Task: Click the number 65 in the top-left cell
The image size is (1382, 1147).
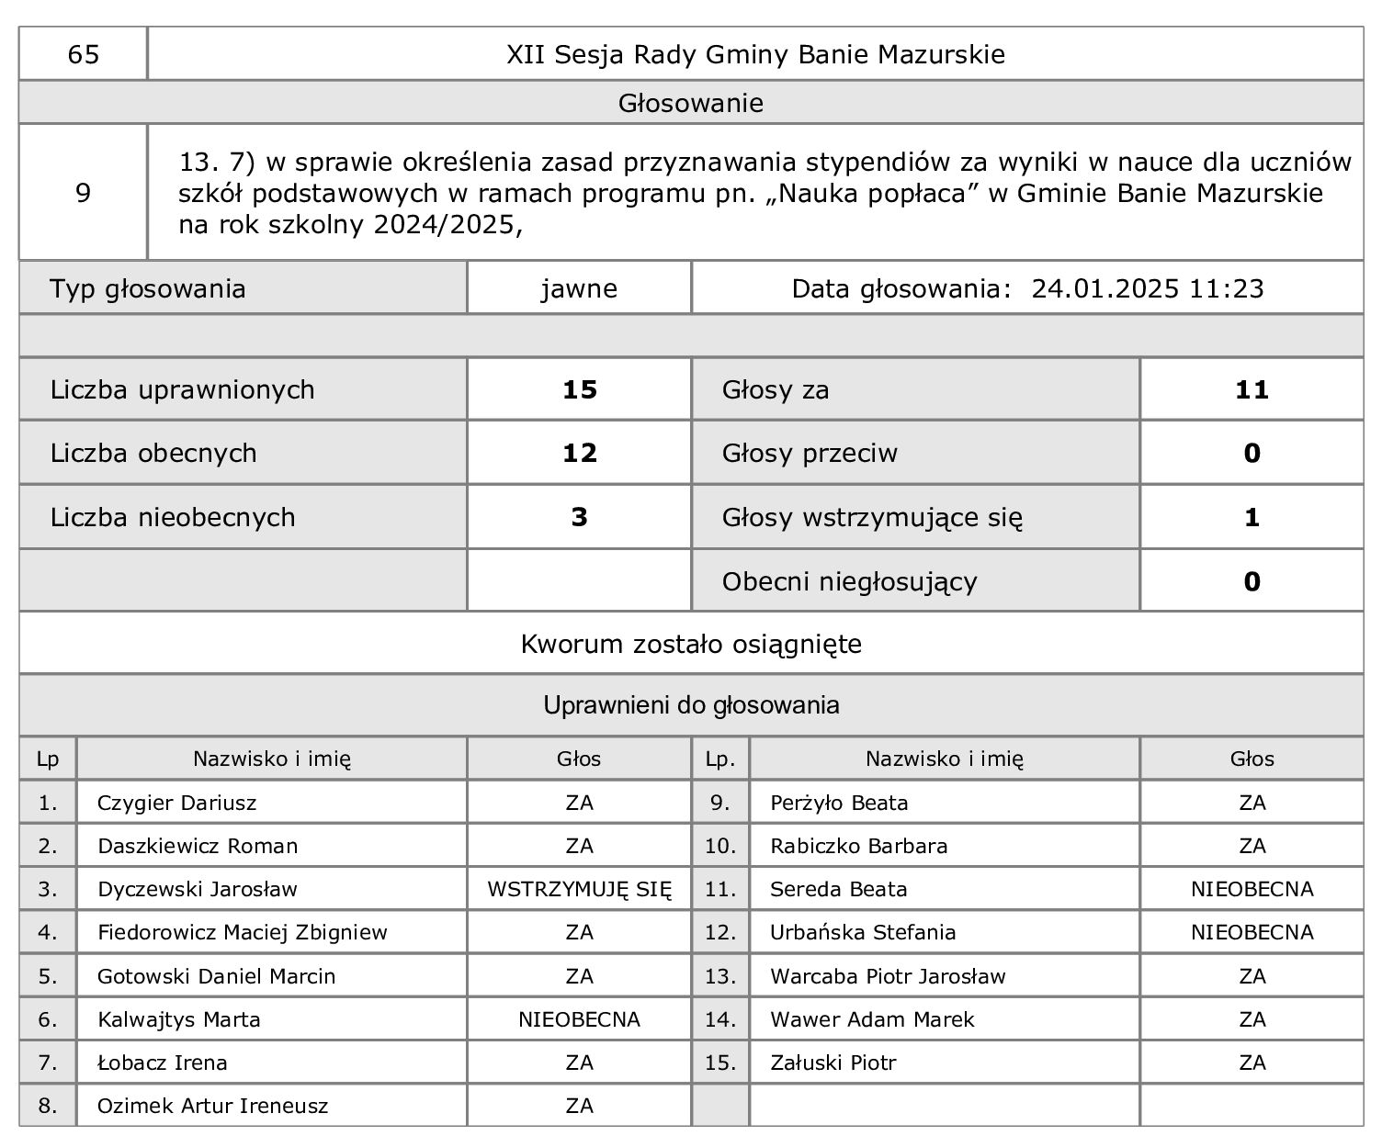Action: (x=83, y=55)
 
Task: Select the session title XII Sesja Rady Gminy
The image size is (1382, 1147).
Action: (x=755, y=55)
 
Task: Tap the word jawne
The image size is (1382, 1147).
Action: (x=579, y=289)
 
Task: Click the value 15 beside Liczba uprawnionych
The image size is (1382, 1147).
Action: (x=579, y=390)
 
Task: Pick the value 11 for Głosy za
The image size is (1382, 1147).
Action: (x=1252, y=390)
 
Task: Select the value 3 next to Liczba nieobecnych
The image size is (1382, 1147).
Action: (x=579, y=518)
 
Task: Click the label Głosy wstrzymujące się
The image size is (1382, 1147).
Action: (x=872, y=518)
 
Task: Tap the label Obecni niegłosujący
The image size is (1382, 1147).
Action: (x=849, y=582)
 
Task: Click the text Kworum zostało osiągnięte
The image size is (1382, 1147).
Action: (x=691, y=645)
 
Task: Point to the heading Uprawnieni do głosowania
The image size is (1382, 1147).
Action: (x=691, y=706)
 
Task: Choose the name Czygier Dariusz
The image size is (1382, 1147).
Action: (x=177, y=804)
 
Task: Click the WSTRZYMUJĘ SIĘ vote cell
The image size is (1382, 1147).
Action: (x=579, y=890)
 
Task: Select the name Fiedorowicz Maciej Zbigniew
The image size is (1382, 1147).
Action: (x=243, y=933)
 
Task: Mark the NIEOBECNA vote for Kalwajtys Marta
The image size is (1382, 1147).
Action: (x=579, y=1019)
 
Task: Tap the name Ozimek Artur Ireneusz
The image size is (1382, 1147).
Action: (x=213, y=1106)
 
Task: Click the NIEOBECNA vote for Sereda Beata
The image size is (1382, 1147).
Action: (x=1252, y=890)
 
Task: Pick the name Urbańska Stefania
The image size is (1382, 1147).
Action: (x=863, y=933)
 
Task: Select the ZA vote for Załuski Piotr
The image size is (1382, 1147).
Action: (x=1252, y=1063)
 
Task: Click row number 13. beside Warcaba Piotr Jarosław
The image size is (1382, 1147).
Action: (x=720, y=976)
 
